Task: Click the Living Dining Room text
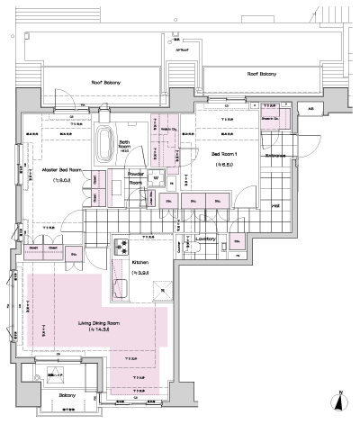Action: point(96,321)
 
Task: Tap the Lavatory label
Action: point(204,239)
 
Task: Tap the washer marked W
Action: point(154,178)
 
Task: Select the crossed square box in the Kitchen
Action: point(162,288)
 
